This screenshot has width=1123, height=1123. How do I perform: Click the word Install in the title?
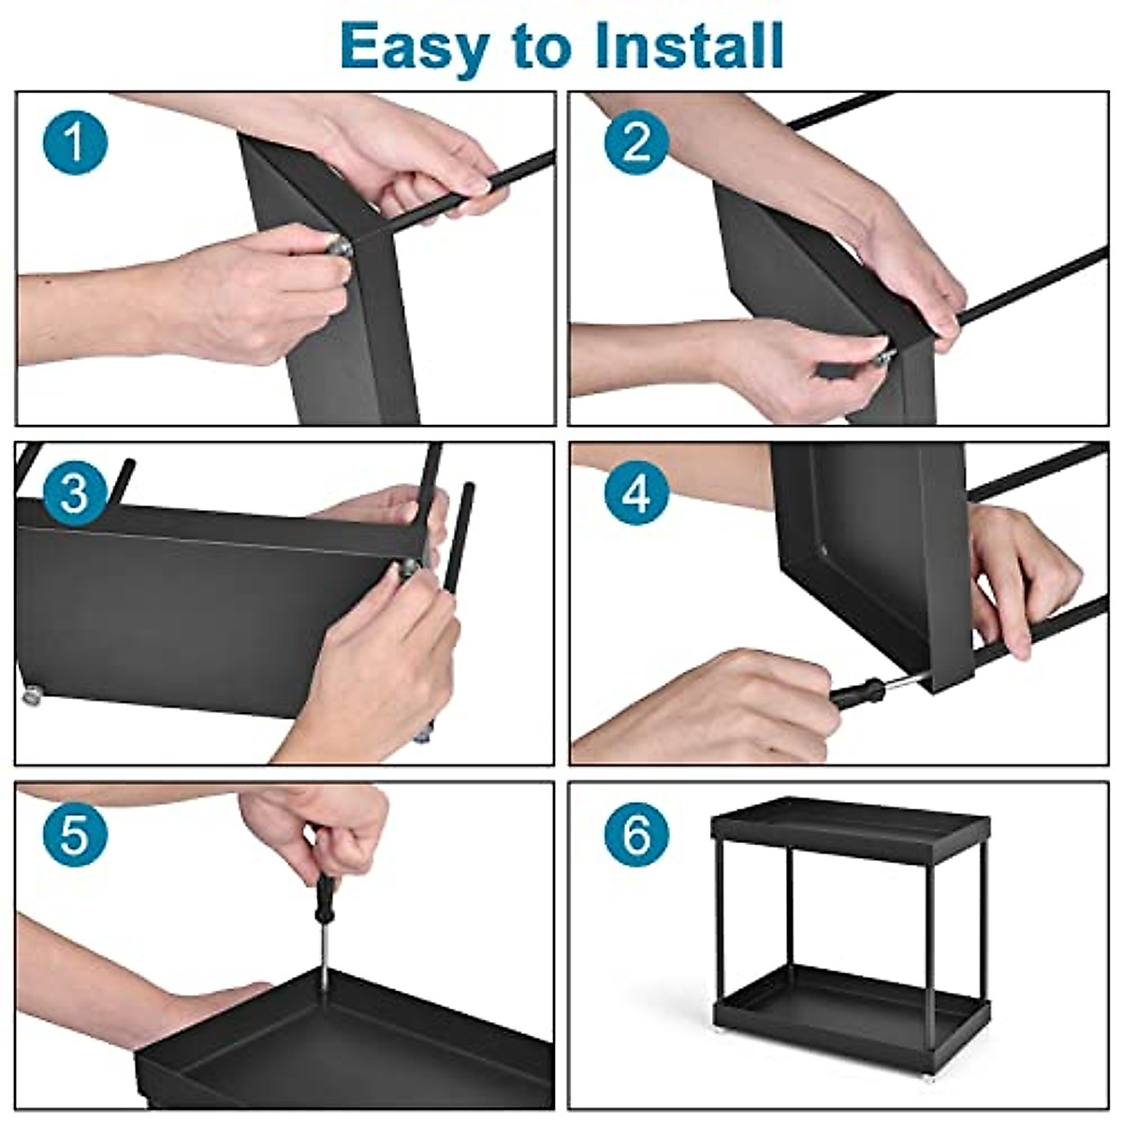click(690, 46)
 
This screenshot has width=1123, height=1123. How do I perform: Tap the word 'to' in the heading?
click(542, 49)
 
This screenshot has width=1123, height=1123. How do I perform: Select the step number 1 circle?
click(75, 142)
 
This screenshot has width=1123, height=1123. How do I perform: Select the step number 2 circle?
click(636, 142)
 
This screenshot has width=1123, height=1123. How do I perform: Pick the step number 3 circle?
click(75, 494)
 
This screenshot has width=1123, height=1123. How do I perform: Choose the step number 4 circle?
click(636, 494)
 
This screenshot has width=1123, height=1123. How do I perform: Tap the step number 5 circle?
click(75, 834)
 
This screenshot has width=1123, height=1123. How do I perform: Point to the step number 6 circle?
click(636, 834)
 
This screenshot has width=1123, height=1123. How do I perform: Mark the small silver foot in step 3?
click(31, 695)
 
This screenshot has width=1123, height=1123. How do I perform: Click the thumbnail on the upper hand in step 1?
click(479, 186)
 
